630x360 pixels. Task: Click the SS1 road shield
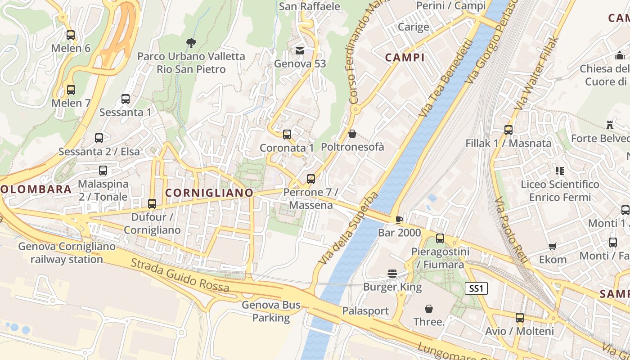coord(476,288)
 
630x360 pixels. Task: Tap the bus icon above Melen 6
coord(71,35)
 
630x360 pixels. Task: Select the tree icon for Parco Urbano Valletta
coord(191,43)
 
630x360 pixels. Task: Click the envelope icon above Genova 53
coord(300,51)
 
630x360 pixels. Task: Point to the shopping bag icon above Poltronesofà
coord(352,134)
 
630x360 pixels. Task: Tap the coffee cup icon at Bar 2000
coord(399,220)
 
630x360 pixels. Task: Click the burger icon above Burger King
coord(392,274)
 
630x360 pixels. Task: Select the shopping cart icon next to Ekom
coord(553,246)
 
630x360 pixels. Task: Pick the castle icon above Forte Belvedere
coord(610,125)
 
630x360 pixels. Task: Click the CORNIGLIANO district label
coord(209,193)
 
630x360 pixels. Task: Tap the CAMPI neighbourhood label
coord(405,58)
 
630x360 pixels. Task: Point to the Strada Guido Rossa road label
coord(180,275)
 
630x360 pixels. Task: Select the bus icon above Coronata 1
coord(287,134)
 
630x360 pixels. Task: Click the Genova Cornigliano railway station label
coord(67,253)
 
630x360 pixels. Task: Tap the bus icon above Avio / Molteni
coord(520,318)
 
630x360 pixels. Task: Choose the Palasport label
coord(365,311)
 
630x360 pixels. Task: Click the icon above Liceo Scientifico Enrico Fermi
coord(560,171)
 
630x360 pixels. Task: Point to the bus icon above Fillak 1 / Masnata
coord(508,130)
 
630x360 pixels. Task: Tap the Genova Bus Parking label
coord(271,311)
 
